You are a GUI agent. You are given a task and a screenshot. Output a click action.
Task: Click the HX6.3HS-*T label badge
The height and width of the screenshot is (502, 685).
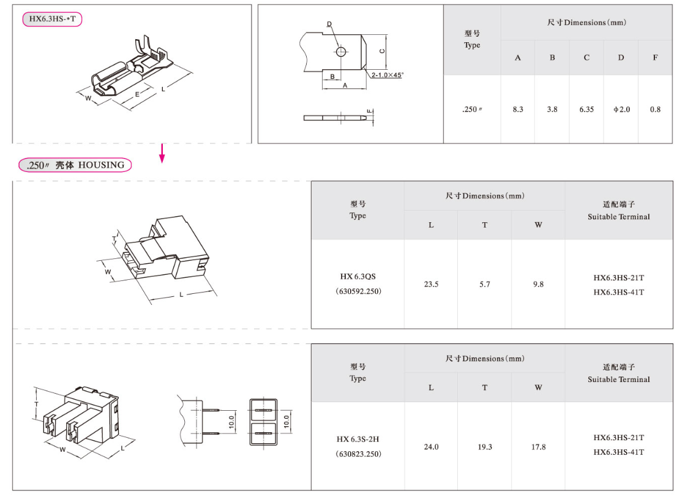pos(52,19)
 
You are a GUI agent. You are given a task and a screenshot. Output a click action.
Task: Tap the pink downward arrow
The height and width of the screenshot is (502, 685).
pos(162,153)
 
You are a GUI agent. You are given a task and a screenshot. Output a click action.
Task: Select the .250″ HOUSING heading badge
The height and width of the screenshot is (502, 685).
pos(75,165)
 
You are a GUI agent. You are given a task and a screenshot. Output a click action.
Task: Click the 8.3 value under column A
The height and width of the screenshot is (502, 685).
pos(518,109)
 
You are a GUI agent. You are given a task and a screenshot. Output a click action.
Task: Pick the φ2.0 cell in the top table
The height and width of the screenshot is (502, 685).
pos(621,109)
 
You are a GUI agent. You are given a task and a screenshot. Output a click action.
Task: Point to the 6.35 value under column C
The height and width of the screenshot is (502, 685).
pos(586,109)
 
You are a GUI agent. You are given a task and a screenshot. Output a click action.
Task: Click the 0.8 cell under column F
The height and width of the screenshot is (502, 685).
pos(655,109)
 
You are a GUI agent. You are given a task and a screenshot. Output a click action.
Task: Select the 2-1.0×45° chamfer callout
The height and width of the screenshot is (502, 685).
pos(387,75)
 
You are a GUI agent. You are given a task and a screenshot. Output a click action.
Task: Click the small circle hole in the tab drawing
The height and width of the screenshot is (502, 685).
pos(341,52)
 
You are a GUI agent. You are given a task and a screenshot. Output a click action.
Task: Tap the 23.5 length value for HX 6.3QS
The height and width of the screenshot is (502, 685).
pos(431,284)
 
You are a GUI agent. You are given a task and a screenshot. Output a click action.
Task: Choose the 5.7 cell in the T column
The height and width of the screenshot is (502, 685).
pos(484,284)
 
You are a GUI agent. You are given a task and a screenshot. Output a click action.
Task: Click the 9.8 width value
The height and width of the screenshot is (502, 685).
pos(538,284)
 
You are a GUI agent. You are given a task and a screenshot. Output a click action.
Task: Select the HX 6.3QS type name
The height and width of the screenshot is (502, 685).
pos(357,277)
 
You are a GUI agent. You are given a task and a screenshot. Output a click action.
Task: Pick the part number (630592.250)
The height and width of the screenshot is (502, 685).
pos(358,291)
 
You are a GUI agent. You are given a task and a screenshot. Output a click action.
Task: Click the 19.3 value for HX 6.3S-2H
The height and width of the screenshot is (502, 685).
pos(484,447)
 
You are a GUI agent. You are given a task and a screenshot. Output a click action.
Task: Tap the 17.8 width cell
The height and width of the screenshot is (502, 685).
pos(538,447)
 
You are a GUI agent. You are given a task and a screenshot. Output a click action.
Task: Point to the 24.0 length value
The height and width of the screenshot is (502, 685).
pos(431,447)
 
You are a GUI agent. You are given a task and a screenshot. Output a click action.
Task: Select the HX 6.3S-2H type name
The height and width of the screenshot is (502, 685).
pos(357,439)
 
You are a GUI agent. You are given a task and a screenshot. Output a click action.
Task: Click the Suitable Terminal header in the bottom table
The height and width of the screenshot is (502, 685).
pos(619,379)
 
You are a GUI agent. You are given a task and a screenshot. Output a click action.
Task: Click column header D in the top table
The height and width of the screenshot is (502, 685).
pos(621,58)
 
